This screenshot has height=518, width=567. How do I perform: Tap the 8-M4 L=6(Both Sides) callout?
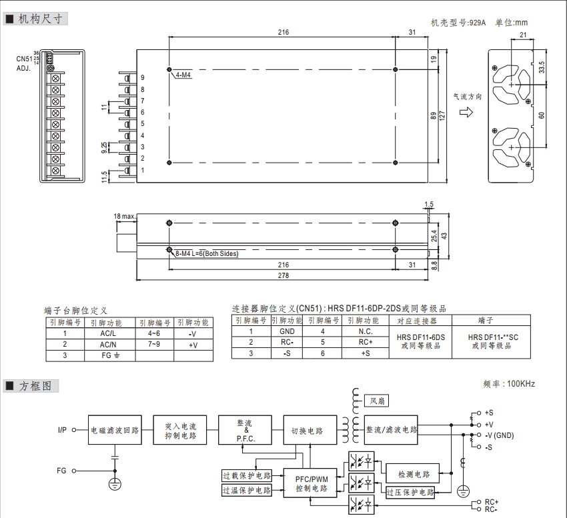pyautogui.click(x=205, y=253)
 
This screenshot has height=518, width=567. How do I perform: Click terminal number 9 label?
pyautogui.click(x=142, y=78)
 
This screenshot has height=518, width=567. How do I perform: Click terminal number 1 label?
pyautogui.click(x=142, y=170)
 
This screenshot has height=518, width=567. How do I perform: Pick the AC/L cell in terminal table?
pyautogui.click(x=107, y=333)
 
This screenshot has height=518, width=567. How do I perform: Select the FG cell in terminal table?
pyautogui.click(x=107, y=355)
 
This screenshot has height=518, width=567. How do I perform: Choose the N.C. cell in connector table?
pyautogui.click(x=365, y=331)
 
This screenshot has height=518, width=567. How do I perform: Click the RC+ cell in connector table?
pyautogui.click(x=365, y=342)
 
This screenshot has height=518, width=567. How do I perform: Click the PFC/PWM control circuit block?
pyautogui.click(x=312, y=484)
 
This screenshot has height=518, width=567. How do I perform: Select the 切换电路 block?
pyautogui.click(x=307, y=431)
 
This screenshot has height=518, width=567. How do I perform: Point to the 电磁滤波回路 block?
pyautogui.click(x=115, y=430)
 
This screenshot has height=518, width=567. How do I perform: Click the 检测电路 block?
pyautogui.click(x=414, y=474)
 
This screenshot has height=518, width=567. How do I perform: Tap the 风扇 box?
pyautogui.click(x=379, y=401)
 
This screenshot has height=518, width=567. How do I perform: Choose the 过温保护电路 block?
pyautogui.click(x=247, y=491)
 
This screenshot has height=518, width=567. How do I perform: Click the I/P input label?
pyautogui.click(x=61, y=430)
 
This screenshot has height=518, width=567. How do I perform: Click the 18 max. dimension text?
pyautogui.click(x=125, y=217)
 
